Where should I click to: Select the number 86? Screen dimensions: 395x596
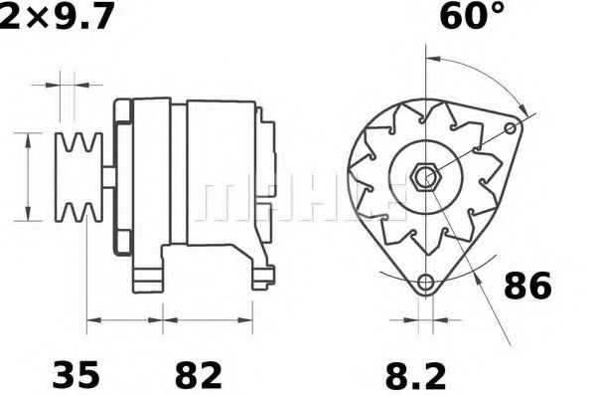525,287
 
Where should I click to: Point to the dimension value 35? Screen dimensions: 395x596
75,375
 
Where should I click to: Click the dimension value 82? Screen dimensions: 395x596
198,375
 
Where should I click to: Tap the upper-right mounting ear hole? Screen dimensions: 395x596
512,129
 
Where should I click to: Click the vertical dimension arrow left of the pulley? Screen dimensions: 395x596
27,177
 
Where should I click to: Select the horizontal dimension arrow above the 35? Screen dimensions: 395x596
126,320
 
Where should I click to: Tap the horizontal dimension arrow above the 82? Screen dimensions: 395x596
205,320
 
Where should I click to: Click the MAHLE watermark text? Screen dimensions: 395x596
298,199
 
